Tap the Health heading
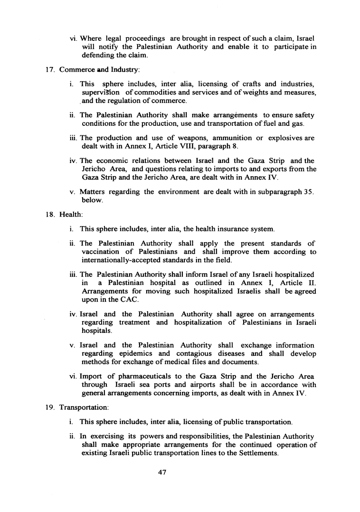70,214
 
